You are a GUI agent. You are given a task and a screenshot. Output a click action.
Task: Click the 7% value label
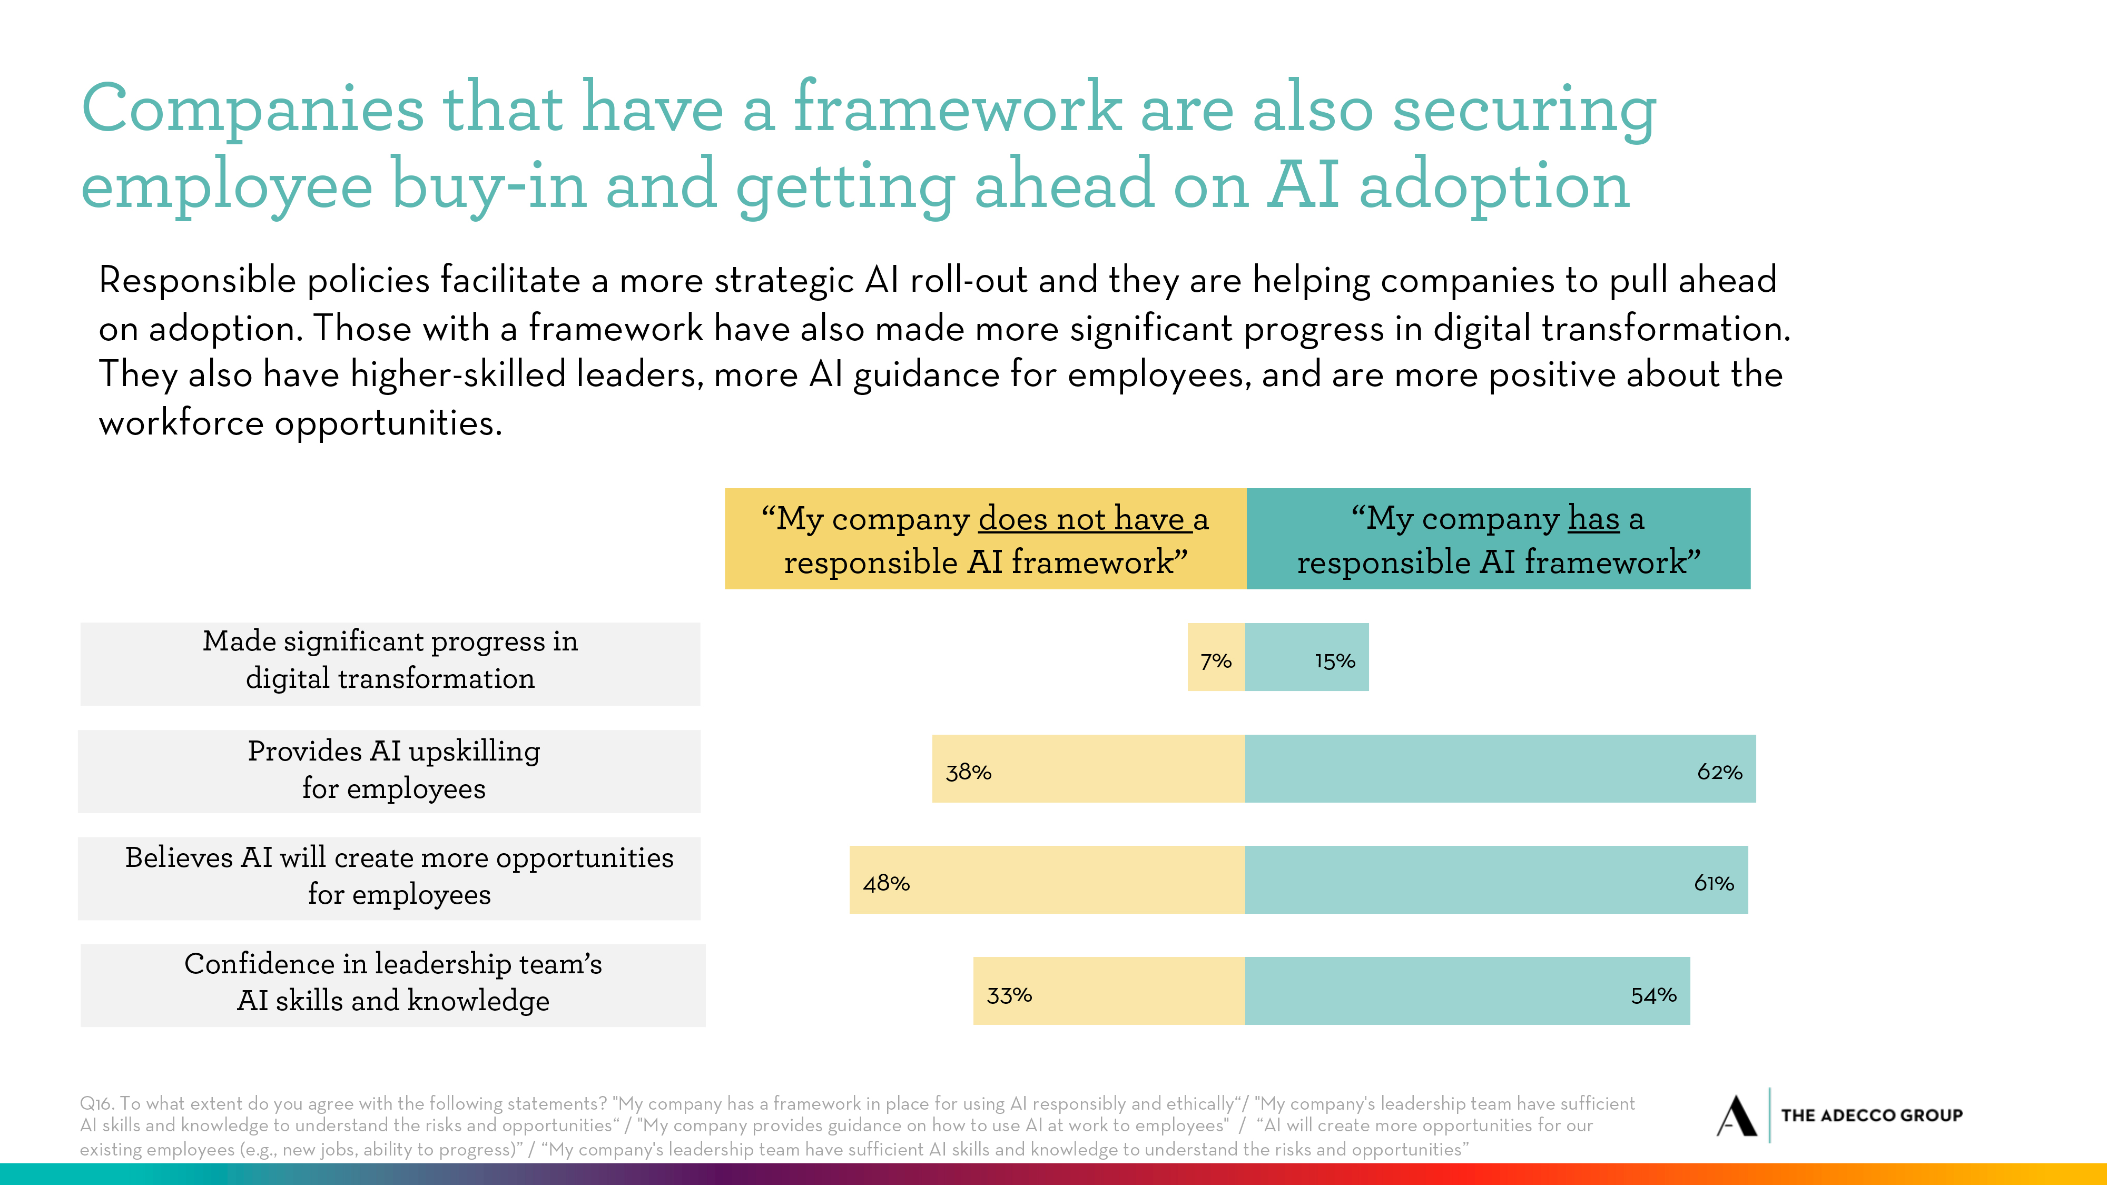pyautogui.click(x=1215, y=661)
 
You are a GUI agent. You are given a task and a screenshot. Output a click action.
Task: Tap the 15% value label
pyautogui.click(x=1335, y=661)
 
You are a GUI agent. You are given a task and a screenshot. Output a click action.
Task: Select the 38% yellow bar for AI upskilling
pyautogui.click(x=1088, y=769)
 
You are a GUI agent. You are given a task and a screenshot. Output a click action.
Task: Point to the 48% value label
pyautogui.click(x=886, y=883)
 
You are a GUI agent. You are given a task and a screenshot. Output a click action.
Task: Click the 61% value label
pyautogui.click(x=1714, y=883)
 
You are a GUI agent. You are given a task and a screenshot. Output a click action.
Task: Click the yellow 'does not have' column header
pyautogui.click(x=985, y=539)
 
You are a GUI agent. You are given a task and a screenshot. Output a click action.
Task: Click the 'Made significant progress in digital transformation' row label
pyautogui.click(x=390, y=660)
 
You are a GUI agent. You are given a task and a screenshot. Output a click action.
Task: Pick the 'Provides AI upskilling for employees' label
pyautogui.click(x=393, y=769)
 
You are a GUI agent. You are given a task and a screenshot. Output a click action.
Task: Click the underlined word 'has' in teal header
pyautogui.click(x=1593, y=518)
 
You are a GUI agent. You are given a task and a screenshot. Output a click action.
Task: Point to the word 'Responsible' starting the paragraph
pyautogui.click(x=197, y=281)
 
